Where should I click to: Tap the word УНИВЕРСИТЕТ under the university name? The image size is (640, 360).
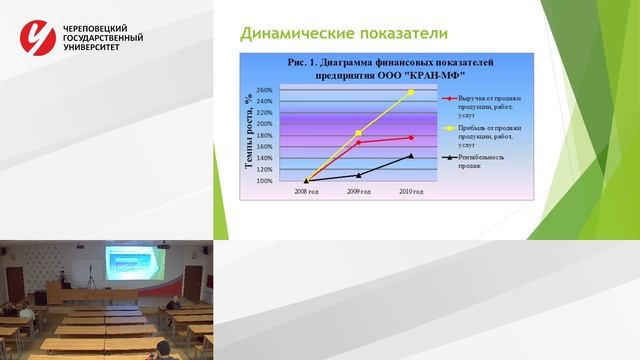coord(93,47)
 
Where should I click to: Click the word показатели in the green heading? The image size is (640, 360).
coord(397,34)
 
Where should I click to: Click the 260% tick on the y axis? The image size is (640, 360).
coord(264,90)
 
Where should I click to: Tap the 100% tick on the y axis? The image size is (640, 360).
coord(264,181)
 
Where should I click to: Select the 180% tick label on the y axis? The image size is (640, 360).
coord(264,136)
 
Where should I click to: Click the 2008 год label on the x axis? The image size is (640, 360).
coord(307,190)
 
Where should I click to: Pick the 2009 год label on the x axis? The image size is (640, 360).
coord(358,190)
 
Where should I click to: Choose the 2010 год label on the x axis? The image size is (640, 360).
coord(410,190)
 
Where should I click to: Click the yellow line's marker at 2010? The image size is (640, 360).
coord(410,92)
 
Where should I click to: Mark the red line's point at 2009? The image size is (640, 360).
coord(358,142)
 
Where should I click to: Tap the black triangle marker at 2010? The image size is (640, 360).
coord(410,156)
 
